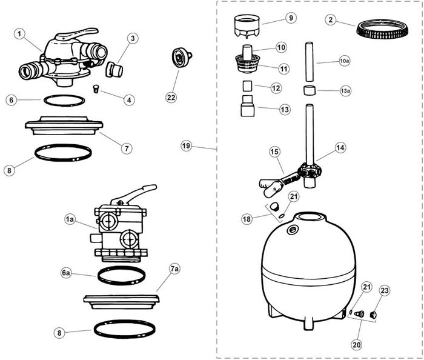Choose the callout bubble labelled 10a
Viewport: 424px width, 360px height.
(x=345, y=61)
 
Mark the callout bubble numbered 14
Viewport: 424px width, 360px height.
(x=340, y=147)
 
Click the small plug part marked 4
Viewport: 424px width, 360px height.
(x=96, y=89)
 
